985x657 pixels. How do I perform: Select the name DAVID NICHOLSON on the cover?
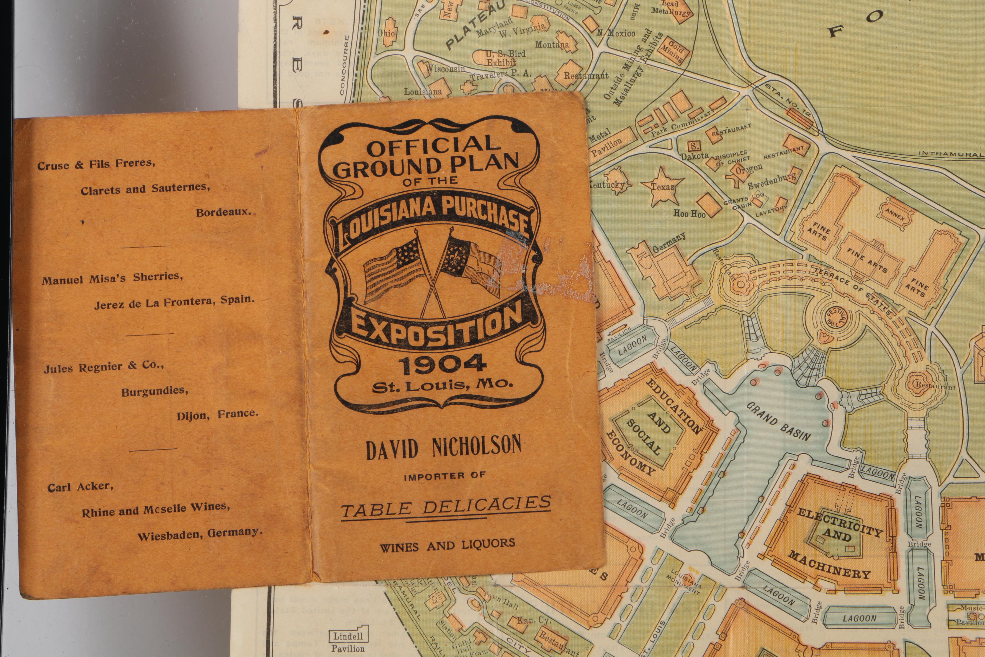444,447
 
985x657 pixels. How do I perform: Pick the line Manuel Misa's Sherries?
112,278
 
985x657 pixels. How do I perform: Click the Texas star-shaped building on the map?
662,186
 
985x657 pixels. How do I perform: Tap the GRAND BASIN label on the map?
778,421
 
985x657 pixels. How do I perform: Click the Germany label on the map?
669,243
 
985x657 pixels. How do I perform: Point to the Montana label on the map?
552,44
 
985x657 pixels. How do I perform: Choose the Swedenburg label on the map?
772,182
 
